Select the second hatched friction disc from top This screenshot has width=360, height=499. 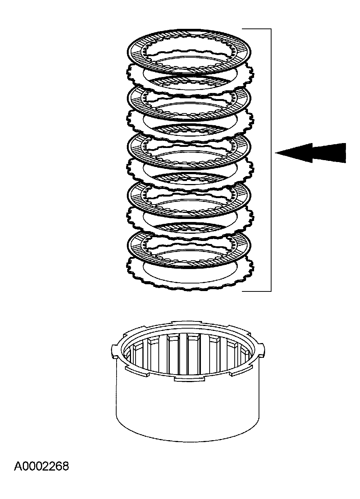136,99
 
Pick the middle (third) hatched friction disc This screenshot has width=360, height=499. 136,148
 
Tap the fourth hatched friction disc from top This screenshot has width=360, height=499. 136,197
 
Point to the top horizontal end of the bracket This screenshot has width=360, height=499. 256,29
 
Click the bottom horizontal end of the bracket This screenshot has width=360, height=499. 256,291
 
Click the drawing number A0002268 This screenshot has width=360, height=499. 41,466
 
